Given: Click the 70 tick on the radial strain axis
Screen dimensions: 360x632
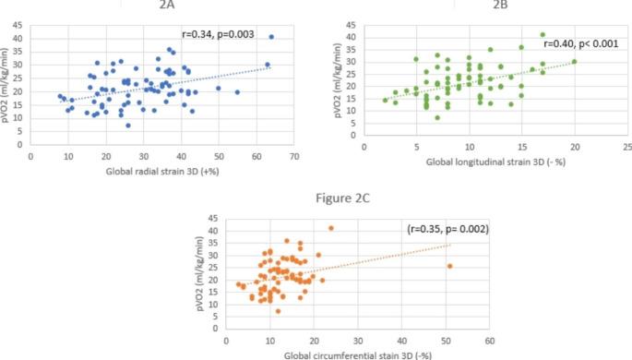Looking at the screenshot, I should click(x=294, y=158).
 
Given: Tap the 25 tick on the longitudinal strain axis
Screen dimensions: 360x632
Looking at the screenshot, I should click(x=626, y=148).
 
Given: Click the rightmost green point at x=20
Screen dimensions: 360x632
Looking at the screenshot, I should click(x=574, y=62).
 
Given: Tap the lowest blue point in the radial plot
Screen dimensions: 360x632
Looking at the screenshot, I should click(x=128, y=125).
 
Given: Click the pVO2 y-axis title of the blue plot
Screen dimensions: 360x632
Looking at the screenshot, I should click(x=10, y=84).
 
